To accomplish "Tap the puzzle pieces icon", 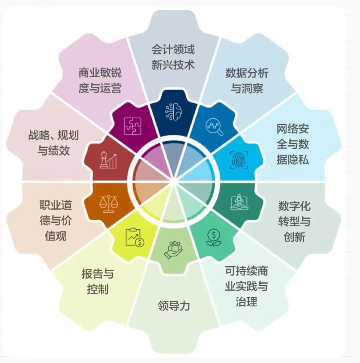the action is (133, 126).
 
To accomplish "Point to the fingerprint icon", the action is (239, 160).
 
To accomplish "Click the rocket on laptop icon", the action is (239, 202).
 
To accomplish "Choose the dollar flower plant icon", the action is (214, 238).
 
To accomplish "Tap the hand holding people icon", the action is (173, 250).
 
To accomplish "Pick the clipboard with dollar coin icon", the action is (135, 237).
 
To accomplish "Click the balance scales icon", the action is (108, 204).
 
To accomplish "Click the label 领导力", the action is (174, 306).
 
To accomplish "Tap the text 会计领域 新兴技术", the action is (173, 57).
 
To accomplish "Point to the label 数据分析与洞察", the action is (247, 81).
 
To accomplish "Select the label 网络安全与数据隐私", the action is (293, 144).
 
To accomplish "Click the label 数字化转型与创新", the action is (294, 221).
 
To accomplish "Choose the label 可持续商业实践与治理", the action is (246, 286).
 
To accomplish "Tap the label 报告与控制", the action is (98, 281).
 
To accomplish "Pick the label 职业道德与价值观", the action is (56, 220).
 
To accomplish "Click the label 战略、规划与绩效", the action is (53, 143).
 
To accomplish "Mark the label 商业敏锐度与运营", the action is (100, 80).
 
